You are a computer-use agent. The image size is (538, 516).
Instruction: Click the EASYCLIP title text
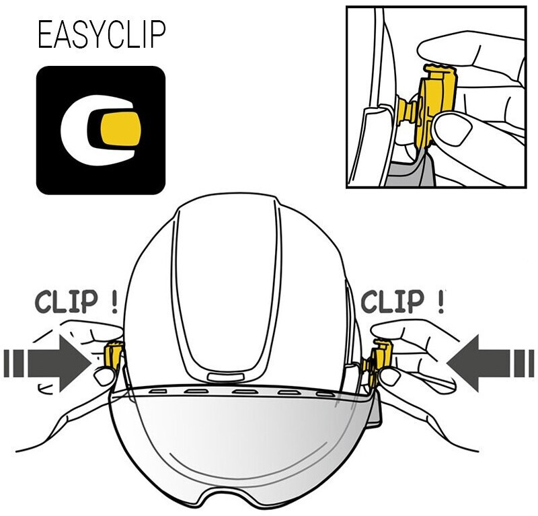pyautogui.click(x=101, y=35)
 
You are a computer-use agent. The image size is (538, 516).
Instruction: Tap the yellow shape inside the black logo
pyautogui.click(x=120, y=130)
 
